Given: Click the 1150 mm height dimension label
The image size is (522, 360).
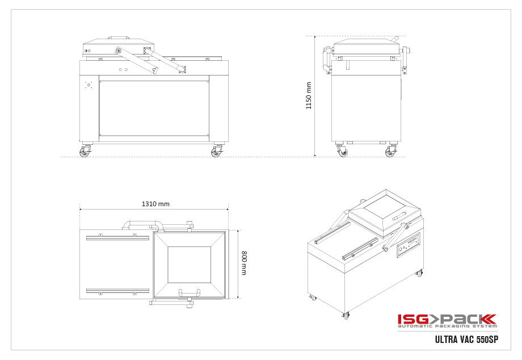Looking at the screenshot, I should [x=309, y=95].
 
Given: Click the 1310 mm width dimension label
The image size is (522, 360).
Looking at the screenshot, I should [x=155, y=203].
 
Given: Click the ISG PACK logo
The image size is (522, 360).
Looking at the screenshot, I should [x=447, y=319].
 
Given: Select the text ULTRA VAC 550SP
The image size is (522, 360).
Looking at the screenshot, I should [x=466, y=340].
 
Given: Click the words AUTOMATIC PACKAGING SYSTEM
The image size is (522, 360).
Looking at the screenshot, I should [x=447, y=326].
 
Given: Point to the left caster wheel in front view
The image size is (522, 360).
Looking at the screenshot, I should [x=85, y=152].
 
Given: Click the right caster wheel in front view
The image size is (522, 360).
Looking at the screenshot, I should [x=216, y=152].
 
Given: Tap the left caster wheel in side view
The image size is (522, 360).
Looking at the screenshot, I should [x=342, y=152].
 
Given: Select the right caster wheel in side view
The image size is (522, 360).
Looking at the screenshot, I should [x=390, y=152].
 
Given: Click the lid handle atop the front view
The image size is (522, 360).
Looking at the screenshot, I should [x=118, y=37].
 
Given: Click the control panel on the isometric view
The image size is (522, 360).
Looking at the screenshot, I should [x=408, y=245].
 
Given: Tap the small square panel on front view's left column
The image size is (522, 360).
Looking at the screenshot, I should [x=89, y=85].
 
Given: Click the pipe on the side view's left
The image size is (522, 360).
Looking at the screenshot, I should [x=326, y=59].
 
